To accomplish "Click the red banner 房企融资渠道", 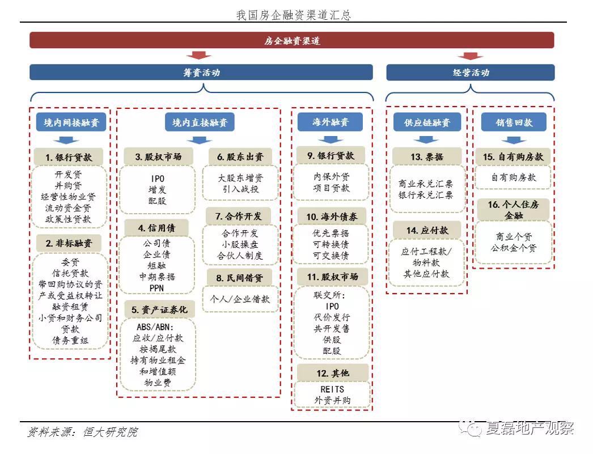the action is point(291,40).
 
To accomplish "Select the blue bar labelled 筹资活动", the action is point(201,72).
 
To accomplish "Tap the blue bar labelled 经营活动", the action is point(471,72).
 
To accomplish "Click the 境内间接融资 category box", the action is point(71,122).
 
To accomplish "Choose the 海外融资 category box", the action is point(330,122).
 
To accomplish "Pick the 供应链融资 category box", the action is point(427,122).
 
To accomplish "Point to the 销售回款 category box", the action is point(514,122).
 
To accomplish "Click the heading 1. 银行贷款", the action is point(69,157).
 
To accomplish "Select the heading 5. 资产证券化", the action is point(159,309).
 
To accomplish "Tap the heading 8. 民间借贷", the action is point(239,278).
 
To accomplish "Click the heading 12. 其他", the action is point(332,373).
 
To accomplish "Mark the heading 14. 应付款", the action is point(427,230).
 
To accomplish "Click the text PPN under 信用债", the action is point(156,288).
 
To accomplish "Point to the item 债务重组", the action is point(70,340).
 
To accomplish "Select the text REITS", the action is point(332,389).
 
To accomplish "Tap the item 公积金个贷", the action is point(514,248).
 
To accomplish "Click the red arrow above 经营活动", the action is point(470,56).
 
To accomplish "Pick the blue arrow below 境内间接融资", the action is point(66,141).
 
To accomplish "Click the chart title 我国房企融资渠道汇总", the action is point(294,15).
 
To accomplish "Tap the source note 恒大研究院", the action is point(111,432).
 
